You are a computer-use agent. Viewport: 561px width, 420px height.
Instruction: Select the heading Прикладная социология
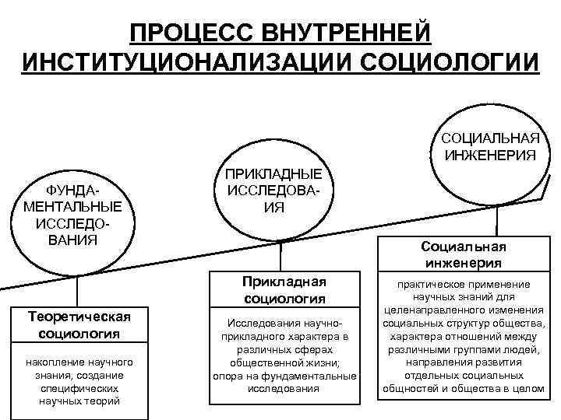(284, 289)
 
